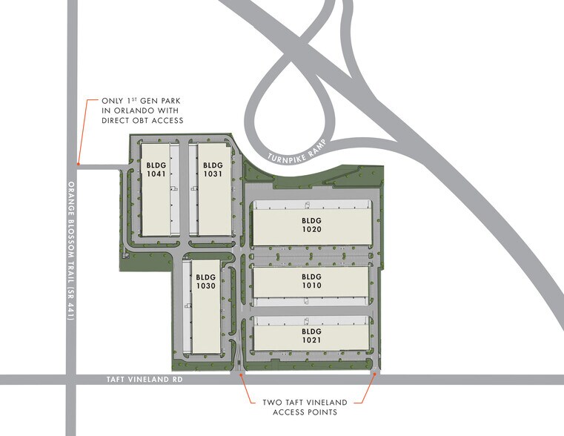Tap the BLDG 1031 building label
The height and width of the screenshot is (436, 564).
coord(213,169)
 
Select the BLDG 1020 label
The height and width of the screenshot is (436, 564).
coord(311,225)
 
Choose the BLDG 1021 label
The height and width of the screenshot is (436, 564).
coord(311,335)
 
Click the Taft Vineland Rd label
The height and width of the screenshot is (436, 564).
coord(141,380)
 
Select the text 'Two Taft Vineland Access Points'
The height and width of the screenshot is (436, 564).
coord(305,407)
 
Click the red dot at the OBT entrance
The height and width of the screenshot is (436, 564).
coord(78,162)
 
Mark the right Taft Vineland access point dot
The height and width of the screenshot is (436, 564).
coord(374,374)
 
